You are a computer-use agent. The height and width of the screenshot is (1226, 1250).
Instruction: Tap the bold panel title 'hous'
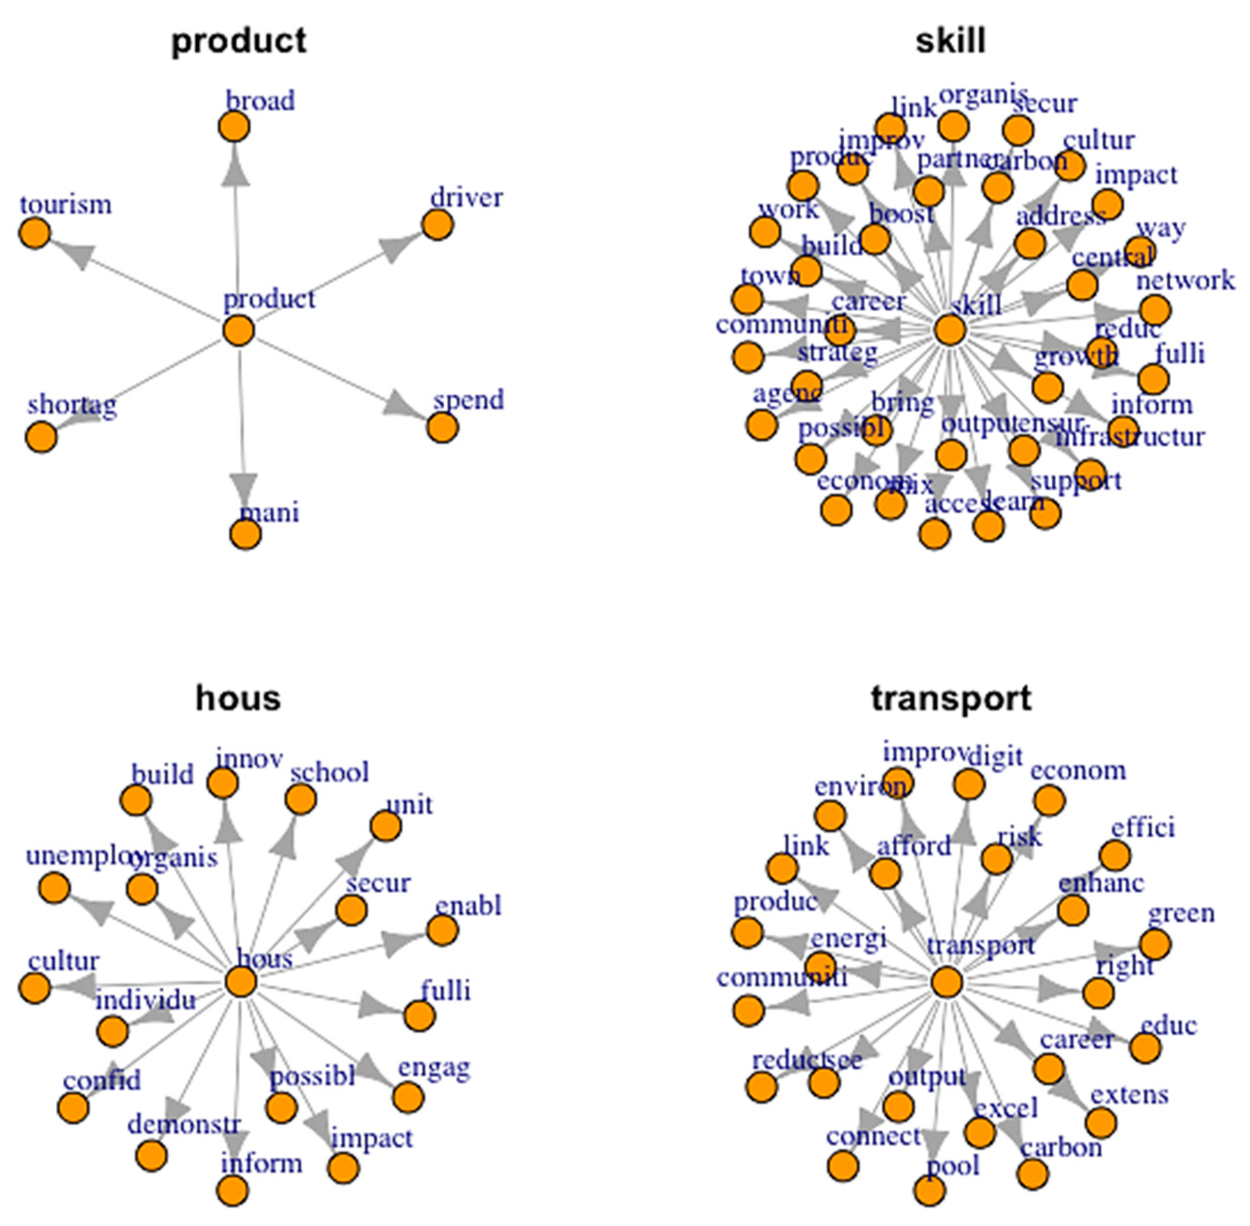[238, 699]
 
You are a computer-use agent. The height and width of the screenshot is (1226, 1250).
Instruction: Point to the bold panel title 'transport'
[951, 699]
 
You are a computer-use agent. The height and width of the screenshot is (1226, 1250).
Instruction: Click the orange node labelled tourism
[35, 233]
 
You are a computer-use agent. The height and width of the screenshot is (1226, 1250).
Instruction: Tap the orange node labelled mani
[245, 534]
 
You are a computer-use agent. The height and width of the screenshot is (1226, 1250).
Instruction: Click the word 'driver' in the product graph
[466, 198]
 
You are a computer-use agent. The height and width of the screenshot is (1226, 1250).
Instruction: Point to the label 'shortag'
[72, 406]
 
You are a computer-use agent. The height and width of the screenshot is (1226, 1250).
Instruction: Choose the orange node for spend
[443, 427]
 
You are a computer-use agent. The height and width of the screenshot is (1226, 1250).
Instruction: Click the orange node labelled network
[1155, 310]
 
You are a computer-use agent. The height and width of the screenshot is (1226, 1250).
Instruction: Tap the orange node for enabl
[443, 930]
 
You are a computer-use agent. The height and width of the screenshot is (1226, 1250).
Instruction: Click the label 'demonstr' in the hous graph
[183, 1124]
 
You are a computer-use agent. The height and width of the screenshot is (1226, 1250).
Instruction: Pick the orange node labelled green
[1156, 945]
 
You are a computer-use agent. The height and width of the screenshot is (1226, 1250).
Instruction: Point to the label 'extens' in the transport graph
[1129, 1094]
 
